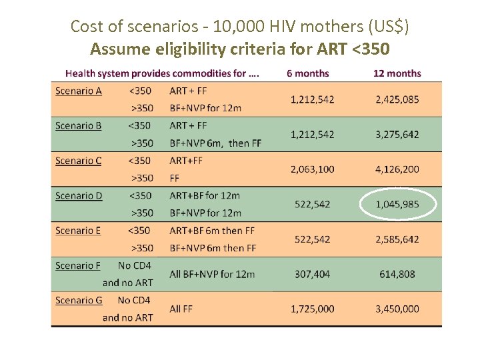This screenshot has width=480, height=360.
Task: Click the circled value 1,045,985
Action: coord(397,204)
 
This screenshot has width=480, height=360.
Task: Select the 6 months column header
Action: coord(307,73)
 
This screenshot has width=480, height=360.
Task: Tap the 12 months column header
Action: coord(397,73)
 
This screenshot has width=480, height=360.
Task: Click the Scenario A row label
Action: coord(78,91)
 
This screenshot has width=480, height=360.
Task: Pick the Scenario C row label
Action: coord(78,161)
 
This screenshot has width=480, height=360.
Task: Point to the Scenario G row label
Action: coord(79,301)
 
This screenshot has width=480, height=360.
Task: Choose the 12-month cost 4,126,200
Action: coord(397,169)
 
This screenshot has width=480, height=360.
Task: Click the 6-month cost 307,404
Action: coord(312,274)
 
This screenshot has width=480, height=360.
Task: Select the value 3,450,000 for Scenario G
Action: coord(397,309)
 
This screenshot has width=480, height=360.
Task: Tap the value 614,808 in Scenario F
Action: coord(397,274)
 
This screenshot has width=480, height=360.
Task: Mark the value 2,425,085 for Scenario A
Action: coord(397,99)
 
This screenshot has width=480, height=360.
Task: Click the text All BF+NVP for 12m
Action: coord(212,274)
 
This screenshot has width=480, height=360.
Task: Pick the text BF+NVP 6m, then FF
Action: coord(215,143)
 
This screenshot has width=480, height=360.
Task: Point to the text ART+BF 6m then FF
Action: coord(213,231)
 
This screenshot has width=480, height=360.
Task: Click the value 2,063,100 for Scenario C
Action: coord(312,169)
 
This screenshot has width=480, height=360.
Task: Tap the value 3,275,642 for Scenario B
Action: coord(397,135)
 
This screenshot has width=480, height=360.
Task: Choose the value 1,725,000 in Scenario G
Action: coord(312,309)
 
